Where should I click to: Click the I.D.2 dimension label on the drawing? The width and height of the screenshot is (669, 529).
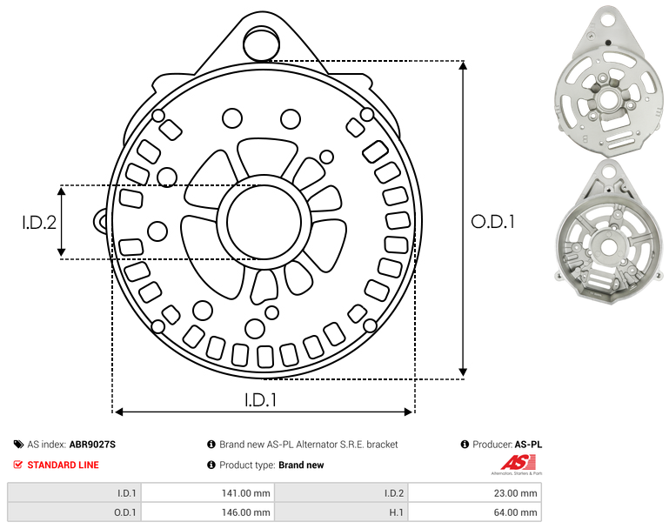(39, 222)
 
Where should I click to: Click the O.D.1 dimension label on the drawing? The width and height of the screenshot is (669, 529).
(492, 222)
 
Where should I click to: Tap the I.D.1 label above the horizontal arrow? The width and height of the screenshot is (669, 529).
(261, 400)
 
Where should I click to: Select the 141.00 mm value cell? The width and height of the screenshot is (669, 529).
(208, 493)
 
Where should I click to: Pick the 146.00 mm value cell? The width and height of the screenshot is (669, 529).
(208, 512)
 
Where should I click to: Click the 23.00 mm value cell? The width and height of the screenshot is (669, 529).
(475, 493)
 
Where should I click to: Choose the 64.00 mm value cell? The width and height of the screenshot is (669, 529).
(475, 512)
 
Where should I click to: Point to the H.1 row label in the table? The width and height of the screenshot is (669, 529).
(396, 512)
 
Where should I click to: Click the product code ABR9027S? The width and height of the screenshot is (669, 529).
(92, 445)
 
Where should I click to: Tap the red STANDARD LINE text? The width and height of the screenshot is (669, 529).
(64, 465)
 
